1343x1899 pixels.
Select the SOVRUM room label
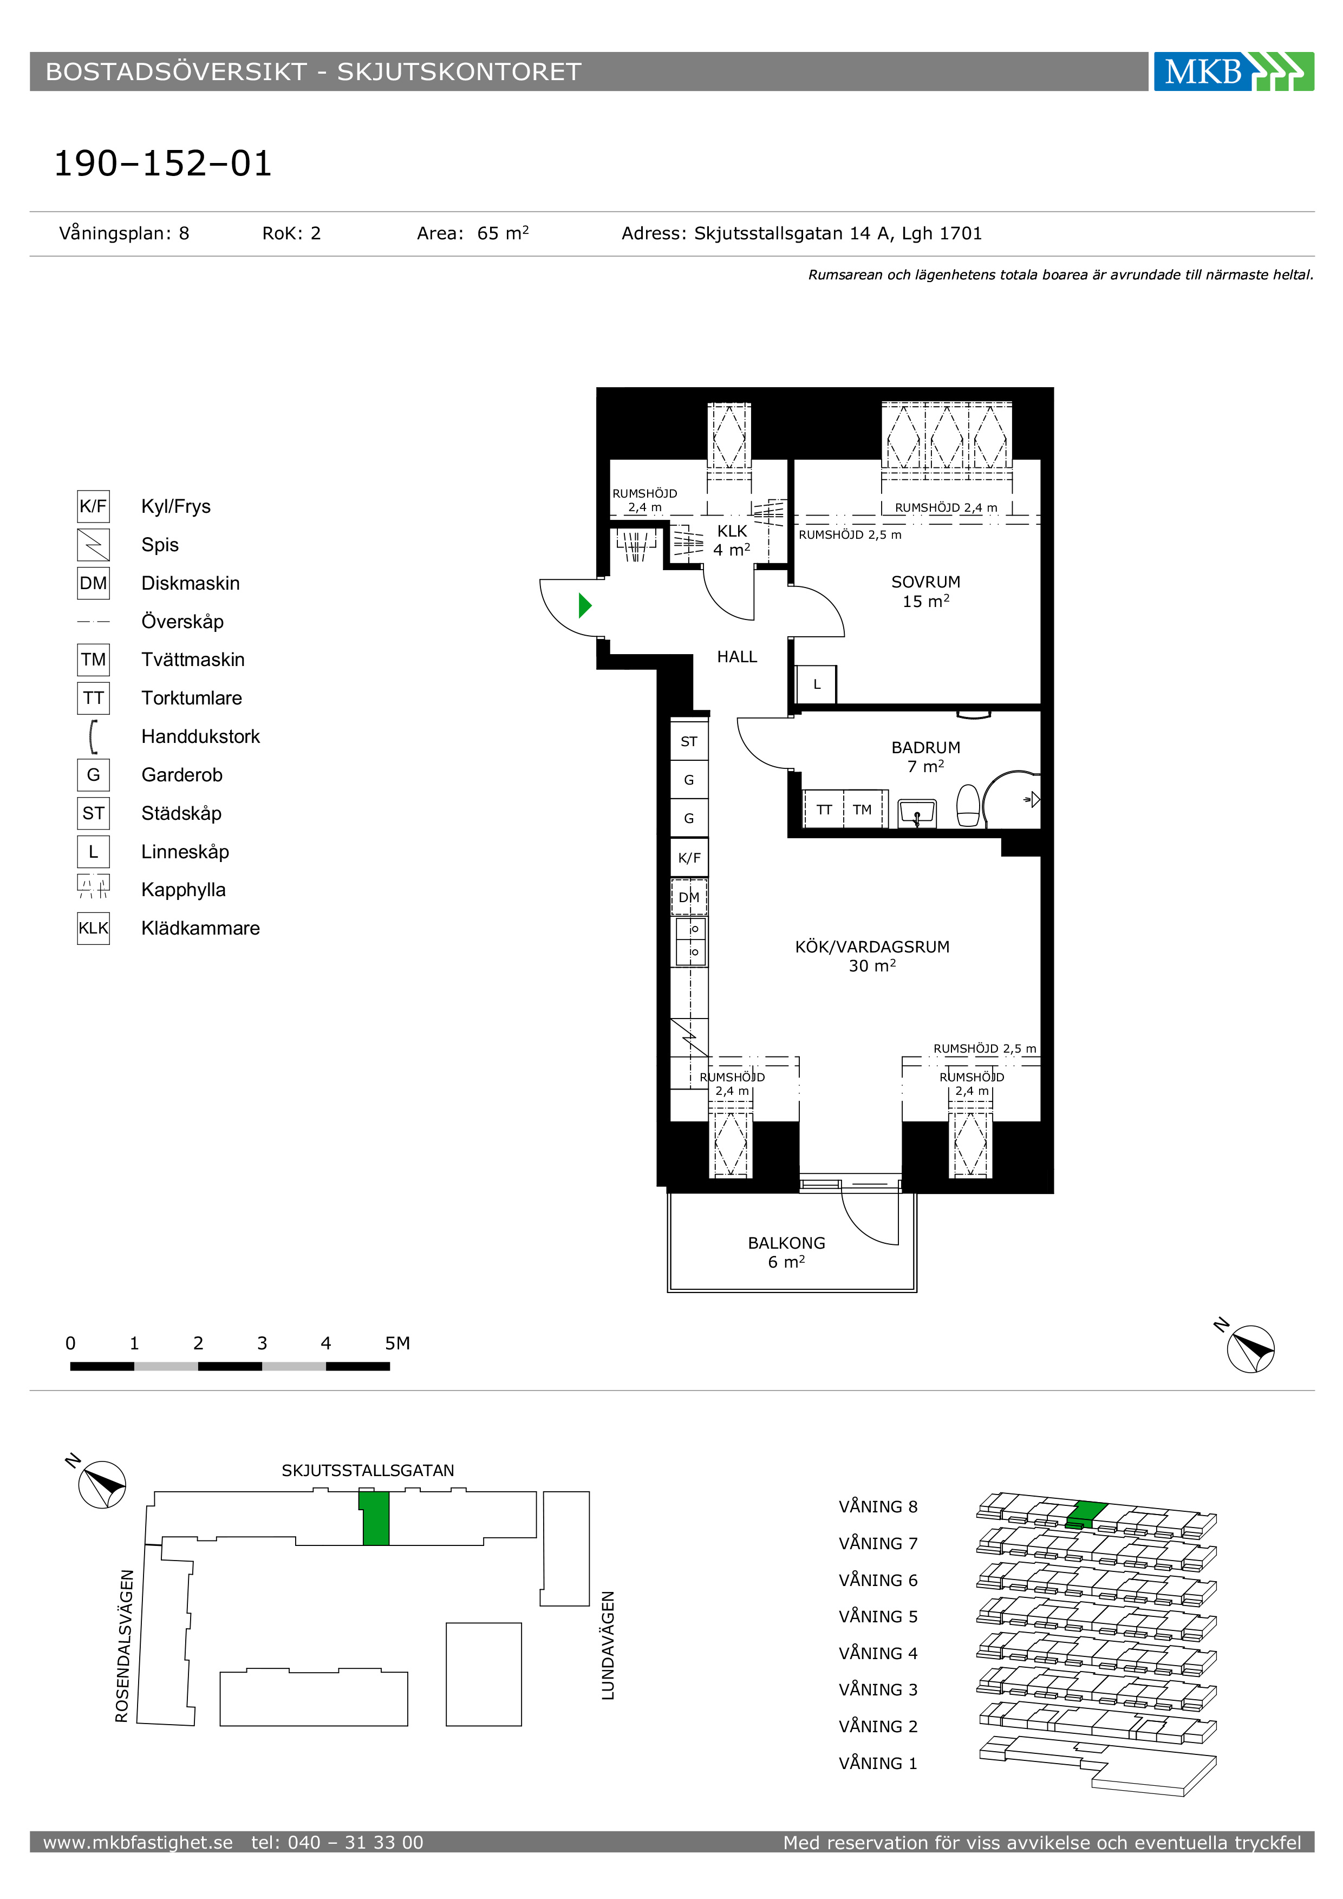click(x=925, y=582)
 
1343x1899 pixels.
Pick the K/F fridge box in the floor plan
click(x=689, y=858)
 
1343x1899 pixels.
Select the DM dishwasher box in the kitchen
click(x=689, y=897)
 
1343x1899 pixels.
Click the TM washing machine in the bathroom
click(x=863, y=809)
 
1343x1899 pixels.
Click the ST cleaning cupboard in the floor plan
click(x=689, y=741)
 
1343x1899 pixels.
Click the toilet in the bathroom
click(x=968, y=806)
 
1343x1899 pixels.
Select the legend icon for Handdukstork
click(x=94, y=736)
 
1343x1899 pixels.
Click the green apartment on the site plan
click(x=375, y=1517)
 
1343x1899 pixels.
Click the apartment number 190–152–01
click(x=163, y=163)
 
